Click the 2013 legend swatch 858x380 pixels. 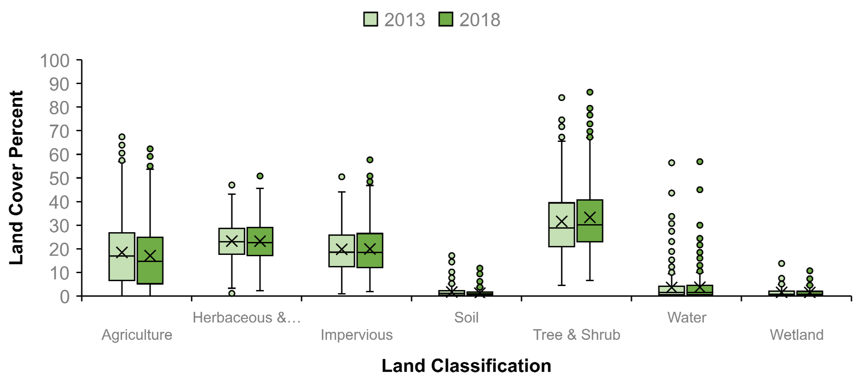pos(370,19)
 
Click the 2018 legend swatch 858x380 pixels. pos(446,19)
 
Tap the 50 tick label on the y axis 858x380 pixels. pos(59,179)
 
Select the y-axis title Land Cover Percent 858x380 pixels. pos(16,178)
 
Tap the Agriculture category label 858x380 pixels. pos(137,335)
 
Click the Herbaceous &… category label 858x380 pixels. pos(247,317)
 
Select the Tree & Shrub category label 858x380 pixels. pos(576,335)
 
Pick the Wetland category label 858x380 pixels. pos(796,335)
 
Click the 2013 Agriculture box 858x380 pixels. pos(122,266)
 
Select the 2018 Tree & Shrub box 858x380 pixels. pos(590,233)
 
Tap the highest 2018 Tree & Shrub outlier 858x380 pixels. pos(590,92)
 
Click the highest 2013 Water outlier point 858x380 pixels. pos(672,163)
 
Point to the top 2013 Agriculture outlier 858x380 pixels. pos(122,137)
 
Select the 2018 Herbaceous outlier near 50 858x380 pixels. pos(260,176)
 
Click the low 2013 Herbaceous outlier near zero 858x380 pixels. pos(232,293)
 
